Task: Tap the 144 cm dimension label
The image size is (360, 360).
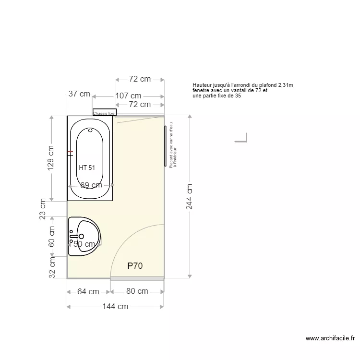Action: [115, 306]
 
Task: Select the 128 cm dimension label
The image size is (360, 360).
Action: [51, 158]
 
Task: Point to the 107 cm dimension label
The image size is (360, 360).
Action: [128, 96]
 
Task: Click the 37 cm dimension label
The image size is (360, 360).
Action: [79, 94]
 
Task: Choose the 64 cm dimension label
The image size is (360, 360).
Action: [88, 291]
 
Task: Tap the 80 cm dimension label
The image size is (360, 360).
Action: [137, 291]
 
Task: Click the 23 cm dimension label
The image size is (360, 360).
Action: [42, 209]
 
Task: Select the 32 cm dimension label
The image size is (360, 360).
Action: [51, 268]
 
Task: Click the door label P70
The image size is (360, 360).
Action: [135, 265]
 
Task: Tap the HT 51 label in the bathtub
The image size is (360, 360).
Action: [87, 168]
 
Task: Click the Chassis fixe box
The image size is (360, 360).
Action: [104, 113]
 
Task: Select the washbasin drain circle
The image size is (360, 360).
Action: [81, 236]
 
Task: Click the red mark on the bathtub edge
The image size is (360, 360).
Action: [70, 154]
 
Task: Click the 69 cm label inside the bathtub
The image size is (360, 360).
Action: [91, 185]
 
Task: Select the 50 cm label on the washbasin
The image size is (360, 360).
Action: [84, 244]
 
